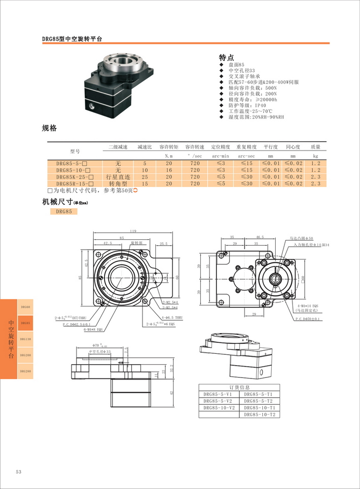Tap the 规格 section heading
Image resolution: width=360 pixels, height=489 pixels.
pyautogui.click(x=49, y=128)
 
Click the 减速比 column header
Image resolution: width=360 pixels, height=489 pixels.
pyautogui.click(x=144, y=147)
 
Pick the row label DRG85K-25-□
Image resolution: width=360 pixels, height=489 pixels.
pyautogui.click(x=72, y=177)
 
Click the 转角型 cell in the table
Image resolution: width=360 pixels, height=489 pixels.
pyautogui.click(x=118, y=184)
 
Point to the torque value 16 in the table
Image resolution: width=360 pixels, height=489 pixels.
pyautogui.click(x=169, y=170)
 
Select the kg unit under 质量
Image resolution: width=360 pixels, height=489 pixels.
pyautogui.click(x=316, y=156)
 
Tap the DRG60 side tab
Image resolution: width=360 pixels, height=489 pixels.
pyautogui.click(x=26, y=307)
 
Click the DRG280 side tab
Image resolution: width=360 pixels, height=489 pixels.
pyautogui.click(x=26, y=371)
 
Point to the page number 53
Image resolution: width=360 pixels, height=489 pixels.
pyautogui.click(x=19, y=472)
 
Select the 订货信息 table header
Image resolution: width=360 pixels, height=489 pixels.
pyautogui.click(x=240, y=387)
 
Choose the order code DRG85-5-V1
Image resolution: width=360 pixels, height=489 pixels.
pyautogui.click(x=218, y=394)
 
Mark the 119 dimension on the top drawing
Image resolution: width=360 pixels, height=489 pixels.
pyautogui.click(x=134, y=231)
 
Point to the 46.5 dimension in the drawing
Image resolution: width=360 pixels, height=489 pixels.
pyautogui.click(x=260, y=237)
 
